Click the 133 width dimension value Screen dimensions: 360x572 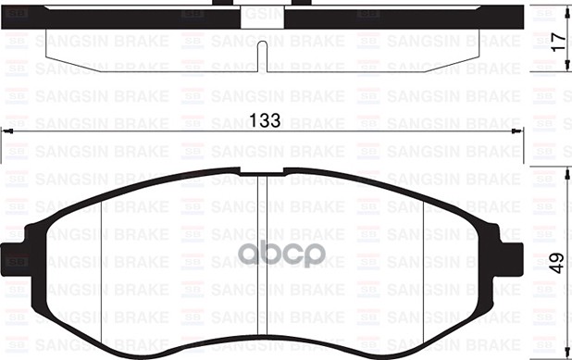click(265, 121)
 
